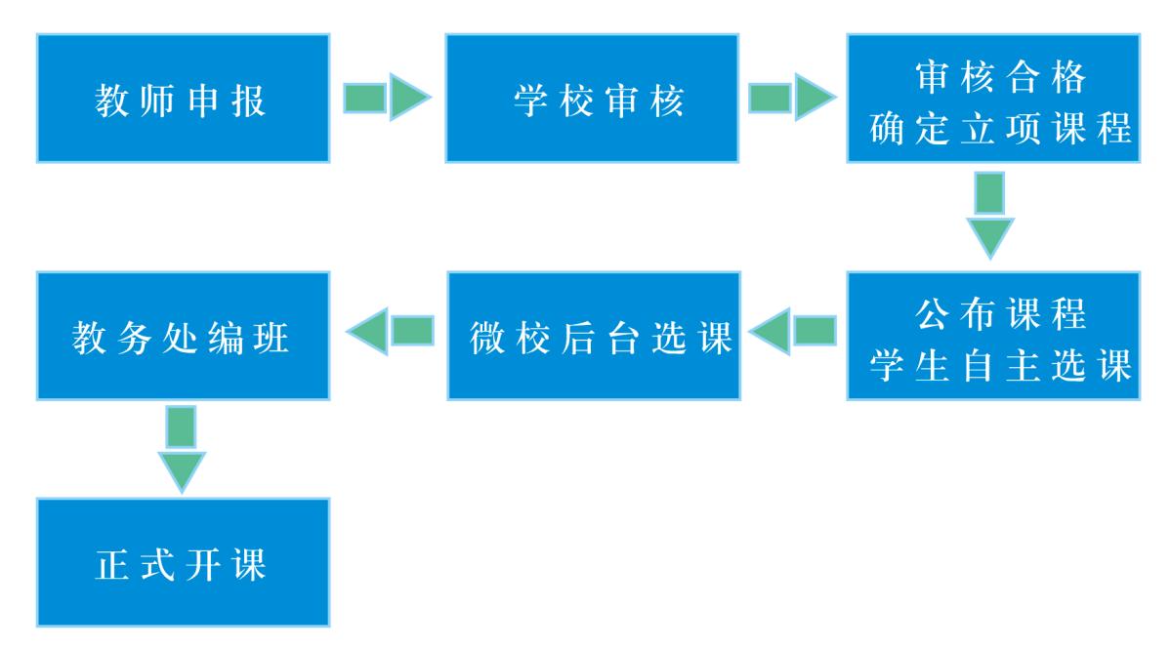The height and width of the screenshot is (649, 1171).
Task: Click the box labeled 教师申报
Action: point(183,98)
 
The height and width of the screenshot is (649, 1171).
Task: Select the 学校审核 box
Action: point(592,98)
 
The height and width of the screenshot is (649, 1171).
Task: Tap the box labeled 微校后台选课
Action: point(594,336)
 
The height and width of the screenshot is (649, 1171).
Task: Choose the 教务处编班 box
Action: point(183,336)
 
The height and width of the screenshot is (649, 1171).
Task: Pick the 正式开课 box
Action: point(183,562)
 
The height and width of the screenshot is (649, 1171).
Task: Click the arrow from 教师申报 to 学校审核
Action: point(387,97)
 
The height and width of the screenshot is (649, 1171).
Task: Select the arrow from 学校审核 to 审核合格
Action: point(792,97)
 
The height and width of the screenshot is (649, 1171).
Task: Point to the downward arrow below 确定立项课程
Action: point(990,216)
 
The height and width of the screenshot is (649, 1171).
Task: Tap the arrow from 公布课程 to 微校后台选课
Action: point(793,331)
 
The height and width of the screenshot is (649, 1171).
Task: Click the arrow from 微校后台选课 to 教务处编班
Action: point(391,331)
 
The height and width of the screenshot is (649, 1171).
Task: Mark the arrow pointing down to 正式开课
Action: point(182,449)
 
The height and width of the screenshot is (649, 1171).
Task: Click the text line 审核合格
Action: point(1001,77)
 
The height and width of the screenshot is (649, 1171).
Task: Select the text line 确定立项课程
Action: point(1001,128)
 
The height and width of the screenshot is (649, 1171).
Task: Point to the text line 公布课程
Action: point(1001,314)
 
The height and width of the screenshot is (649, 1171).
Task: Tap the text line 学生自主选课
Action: point(1001,366)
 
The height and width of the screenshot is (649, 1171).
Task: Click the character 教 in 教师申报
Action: point(112,101)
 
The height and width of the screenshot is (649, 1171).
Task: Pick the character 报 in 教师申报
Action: point(249,101)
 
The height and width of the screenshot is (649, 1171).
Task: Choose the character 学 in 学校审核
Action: point(531,101)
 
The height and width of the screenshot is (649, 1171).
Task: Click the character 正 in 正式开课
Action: point(112,565)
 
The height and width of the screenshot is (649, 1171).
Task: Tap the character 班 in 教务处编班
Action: point(272,338)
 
